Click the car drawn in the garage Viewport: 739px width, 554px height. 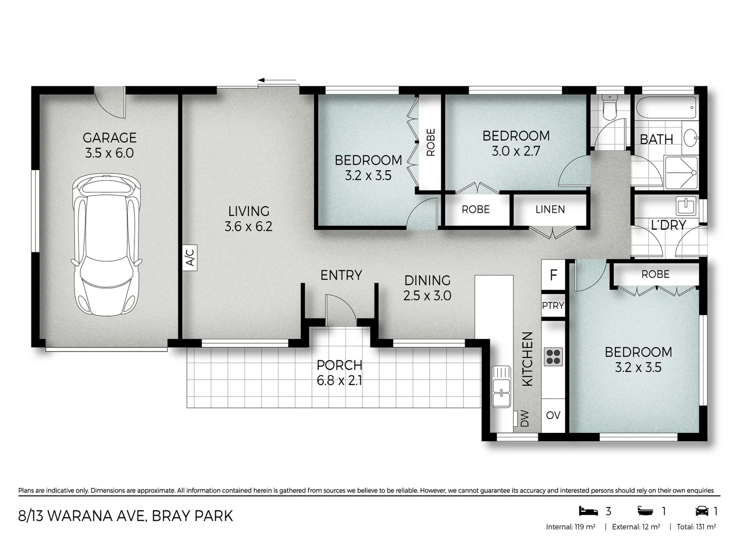tap(107, 245)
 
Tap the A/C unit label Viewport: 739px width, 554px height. tap(189, 256)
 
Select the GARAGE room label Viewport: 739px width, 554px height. tap(109, 138)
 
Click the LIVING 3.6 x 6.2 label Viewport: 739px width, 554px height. tap(248, 219)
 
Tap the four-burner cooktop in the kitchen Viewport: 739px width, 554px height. tap(553, 357)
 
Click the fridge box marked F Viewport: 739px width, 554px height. tap(553, 275)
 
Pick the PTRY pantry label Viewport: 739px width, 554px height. tap(553, 305)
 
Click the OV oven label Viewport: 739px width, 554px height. tap(553, 415)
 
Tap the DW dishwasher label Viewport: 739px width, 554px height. tap(524, 418)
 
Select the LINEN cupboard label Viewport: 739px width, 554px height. tap(550, 209)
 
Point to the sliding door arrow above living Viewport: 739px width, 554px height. tap(277, 81)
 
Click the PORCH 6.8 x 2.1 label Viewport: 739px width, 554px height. tap(339, 372)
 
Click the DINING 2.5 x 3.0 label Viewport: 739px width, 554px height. tap(427, 288)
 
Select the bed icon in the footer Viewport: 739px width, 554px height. tap(588, 510)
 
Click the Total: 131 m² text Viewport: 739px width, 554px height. tap(696, 527)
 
